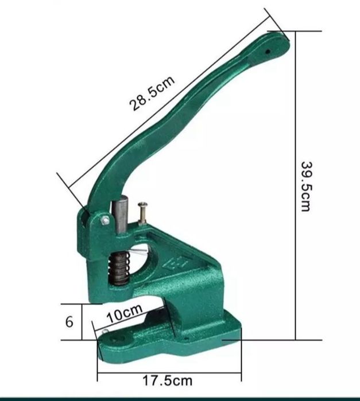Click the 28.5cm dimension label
coord(152,94)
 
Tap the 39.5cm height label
coord(306,186)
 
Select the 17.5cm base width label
coord(167,380)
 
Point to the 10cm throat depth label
coord(125,314)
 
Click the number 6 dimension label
coord(69,322)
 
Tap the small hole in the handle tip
coord(268,52)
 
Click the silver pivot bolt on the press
coord(105,220)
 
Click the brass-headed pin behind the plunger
coord(142,213)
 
